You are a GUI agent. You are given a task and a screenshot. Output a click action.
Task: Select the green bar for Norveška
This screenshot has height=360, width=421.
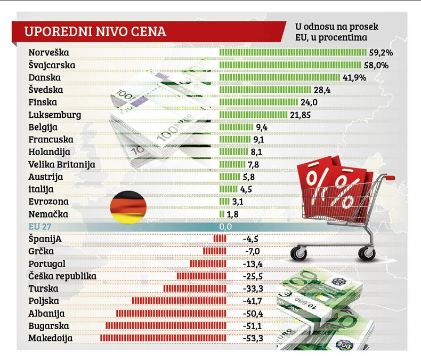coord(293,53)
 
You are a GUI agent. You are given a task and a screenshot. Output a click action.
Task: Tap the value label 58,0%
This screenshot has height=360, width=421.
coord(376,65)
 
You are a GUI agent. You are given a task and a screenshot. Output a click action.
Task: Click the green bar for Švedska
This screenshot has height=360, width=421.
coord(265,90)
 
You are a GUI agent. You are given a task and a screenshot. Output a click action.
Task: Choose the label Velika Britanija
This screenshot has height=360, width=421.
coord(61,164)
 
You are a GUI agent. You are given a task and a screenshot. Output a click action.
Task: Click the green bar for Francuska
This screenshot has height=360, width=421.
coord(234,140)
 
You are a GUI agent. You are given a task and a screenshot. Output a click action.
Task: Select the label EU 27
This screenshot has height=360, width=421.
coord(38,227)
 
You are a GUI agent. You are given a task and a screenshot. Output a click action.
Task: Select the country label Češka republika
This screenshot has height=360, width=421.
coord(62,276)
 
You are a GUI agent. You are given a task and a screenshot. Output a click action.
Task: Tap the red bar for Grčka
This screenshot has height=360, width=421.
coord(214,251)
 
